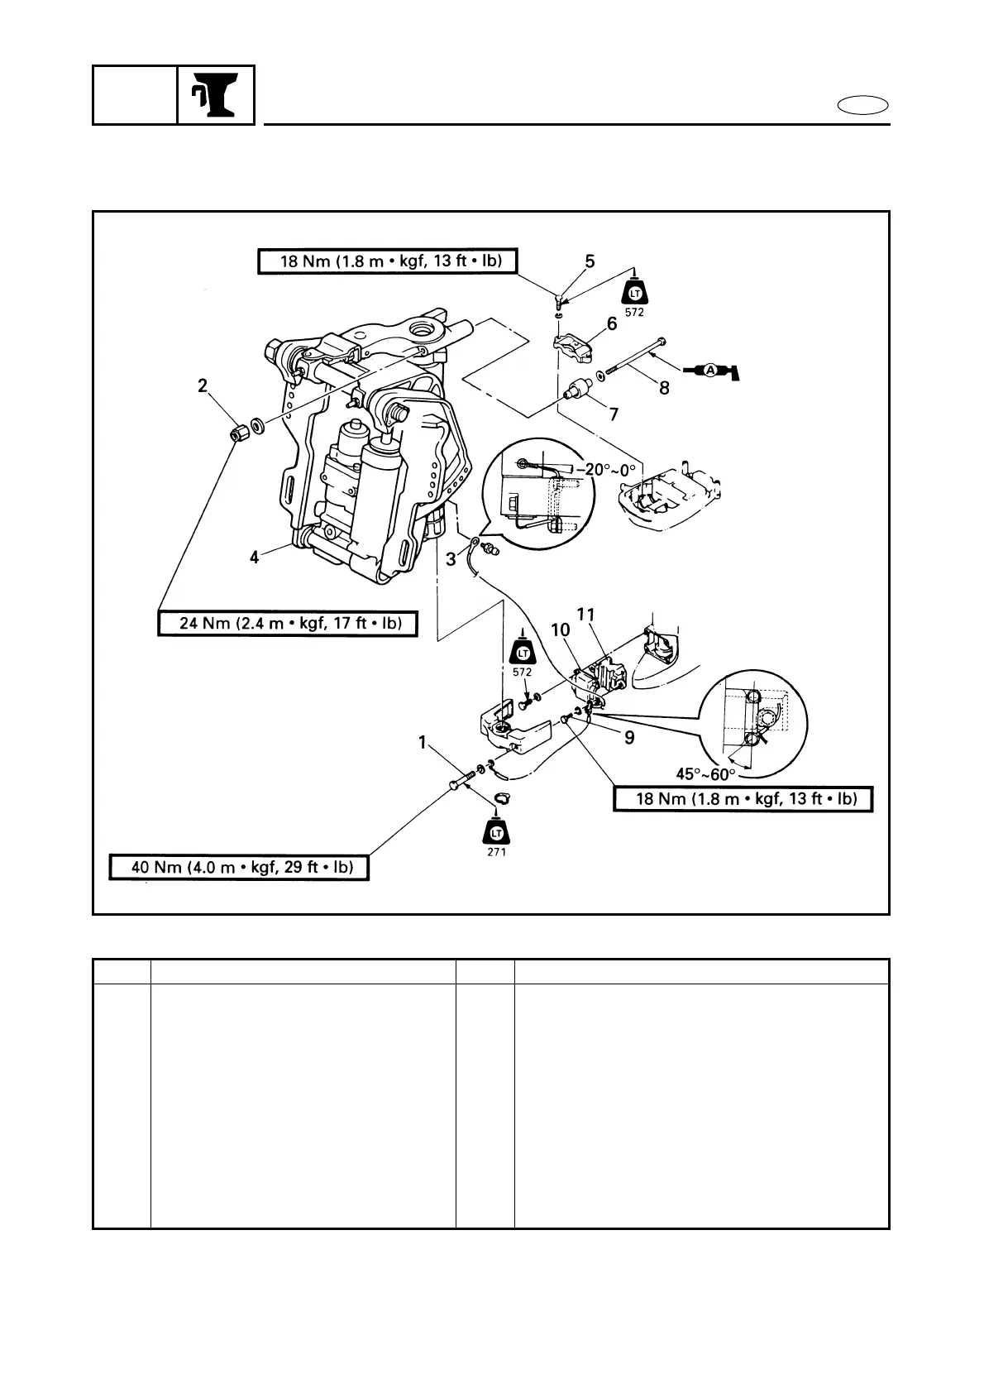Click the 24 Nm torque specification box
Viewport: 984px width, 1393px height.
pyautogui.click(x=287, y=623)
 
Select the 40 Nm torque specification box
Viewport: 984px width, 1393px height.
pyautogui.click(x=239, y=867)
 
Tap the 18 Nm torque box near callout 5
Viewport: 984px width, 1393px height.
pyautogui.click(x=387, y=262)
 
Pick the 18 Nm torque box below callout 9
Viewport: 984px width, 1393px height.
pyautogui.click(x=743, y=798)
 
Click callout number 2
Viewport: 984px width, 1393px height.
pyautogui.click(x=203, y=385)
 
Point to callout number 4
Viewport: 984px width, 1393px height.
pyautogui.click(x=255, y=558)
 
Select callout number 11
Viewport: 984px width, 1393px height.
pyautogui.click(x=586, y=615)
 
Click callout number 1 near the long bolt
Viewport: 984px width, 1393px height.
pyautogui.click(x=423, y=744)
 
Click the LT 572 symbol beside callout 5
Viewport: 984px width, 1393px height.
pyautogui.click(x=635, y=295)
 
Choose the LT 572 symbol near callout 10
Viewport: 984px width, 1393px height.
pyautogui.click(x=522, y=653)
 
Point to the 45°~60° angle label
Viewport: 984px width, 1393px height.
pyautogui.click(x=705, y=773)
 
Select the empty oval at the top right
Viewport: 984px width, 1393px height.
pyautogui.click(x=863, y=106)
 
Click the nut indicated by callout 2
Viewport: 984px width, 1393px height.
pyautogui.click(x=240, y=433)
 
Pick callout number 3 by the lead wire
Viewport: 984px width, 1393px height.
pyautogui.click(x=451, y=559)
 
